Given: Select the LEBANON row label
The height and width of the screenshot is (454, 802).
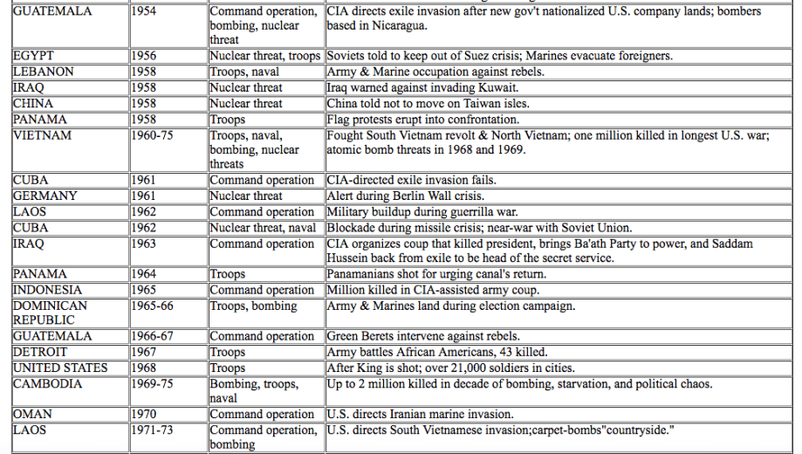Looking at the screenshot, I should point(43,72).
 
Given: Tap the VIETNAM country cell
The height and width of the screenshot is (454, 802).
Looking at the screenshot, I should point(42,136).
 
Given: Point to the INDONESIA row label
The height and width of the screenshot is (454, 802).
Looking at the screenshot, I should point(48,290).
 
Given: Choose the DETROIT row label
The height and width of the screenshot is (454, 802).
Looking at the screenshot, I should point(39,352).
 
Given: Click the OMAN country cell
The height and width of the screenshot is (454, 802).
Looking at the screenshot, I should point(32,414).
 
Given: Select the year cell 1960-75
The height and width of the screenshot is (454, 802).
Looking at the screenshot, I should point(153,136).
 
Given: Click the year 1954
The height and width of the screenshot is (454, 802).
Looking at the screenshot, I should point(144,12).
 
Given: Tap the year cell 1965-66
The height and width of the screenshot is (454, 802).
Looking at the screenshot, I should point(153,306).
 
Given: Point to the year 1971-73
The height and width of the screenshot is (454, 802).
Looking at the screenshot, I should point(153,430).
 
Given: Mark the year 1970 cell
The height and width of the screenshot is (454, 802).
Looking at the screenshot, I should point(144,414).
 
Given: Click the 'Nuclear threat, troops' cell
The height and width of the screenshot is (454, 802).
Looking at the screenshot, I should point(265,56).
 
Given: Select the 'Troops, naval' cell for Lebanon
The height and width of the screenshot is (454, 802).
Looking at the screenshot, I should point(245,72).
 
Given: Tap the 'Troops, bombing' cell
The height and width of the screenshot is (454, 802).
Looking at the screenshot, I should point(253,306).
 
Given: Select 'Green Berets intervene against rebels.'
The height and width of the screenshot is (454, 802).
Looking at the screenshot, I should point(423,336).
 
